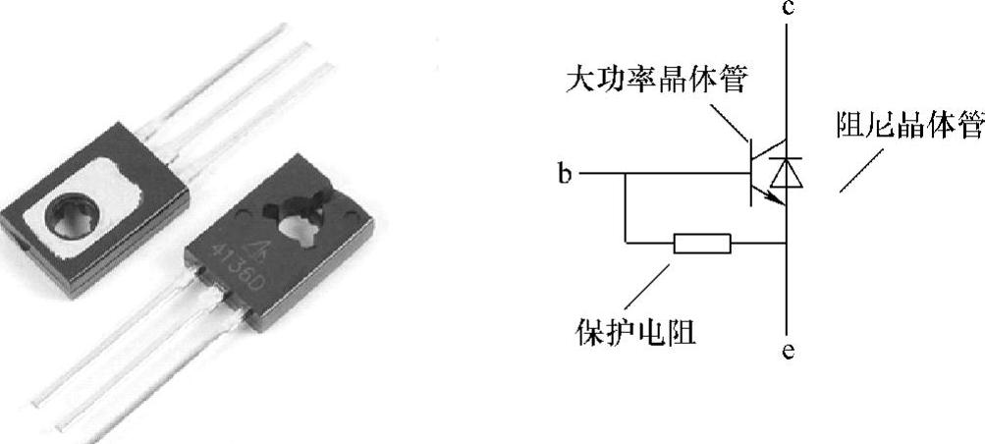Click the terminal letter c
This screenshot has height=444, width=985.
[788, 10]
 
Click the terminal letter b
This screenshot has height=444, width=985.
[564, 176]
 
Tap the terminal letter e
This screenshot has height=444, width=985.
[788, 349]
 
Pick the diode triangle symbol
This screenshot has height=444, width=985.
[786, 174]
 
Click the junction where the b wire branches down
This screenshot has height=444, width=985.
[626, 174]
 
